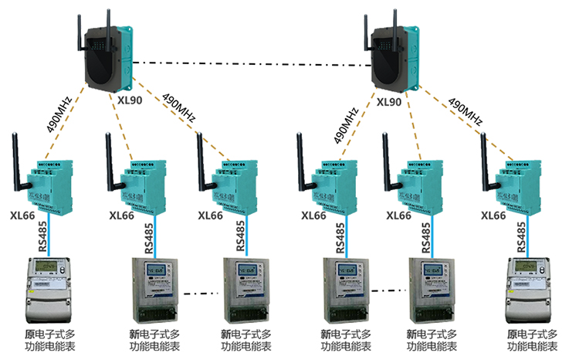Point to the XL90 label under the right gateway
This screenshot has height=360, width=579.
(x=388, y=101)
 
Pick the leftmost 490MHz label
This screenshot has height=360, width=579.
(x=59, y=114)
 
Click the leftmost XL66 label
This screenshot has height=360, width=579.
(x=23, y=216)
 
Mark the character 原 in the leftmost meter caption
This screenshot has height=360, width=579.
(x=29, y=335)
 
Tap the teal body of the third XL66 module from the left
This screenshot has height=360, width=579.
(x=235, y=188)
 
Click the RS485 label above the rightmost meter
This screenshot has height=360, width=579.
(x=523, y=239)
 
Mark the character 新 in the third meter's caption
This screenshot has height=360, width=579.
(x=226, y=335)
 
